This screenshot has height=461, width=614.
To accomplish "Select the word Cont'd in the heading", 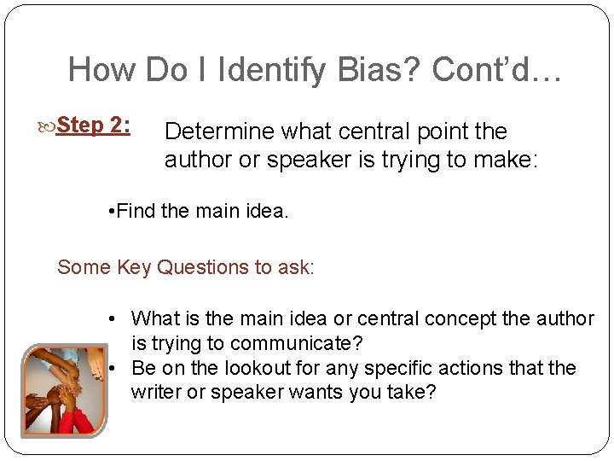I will coord(483,70).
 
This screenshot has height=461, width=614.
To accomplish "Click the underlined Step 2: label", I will coord(94,125).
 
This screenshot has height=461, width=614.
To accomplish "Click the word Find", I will coord(135,211).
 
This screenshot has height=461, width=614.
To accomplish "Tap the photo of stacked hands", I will coord(64,391).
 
